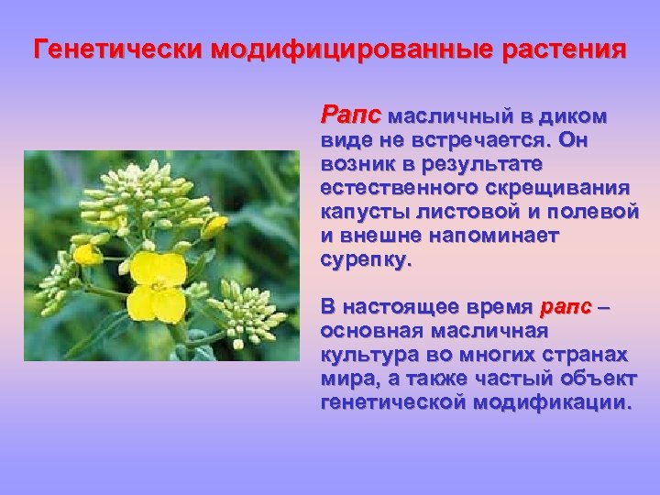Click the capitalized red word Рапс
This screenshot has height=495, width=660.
(351, 116)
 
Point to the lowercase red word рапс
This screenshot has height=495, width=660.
(566, 306)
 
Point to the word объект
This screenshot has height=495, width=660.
(602, 379)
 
